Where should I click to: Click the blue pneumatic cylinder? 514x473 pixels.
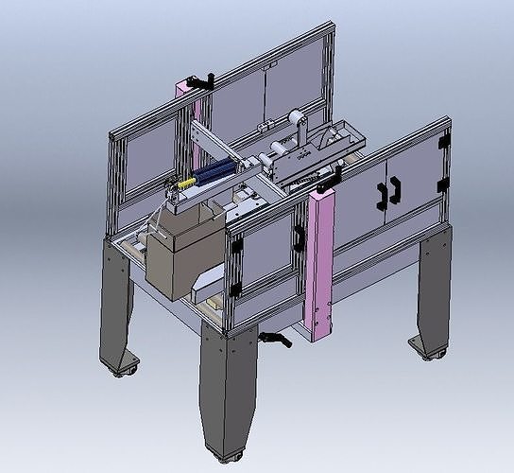tap(215, 170)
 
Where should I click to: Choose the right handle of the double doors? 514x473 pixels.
tap(394, 186)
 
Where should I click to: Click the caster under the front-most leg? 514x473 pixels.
tap(225, 458)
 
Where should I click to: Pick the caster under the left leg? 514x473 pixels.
tap(123, 368)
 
